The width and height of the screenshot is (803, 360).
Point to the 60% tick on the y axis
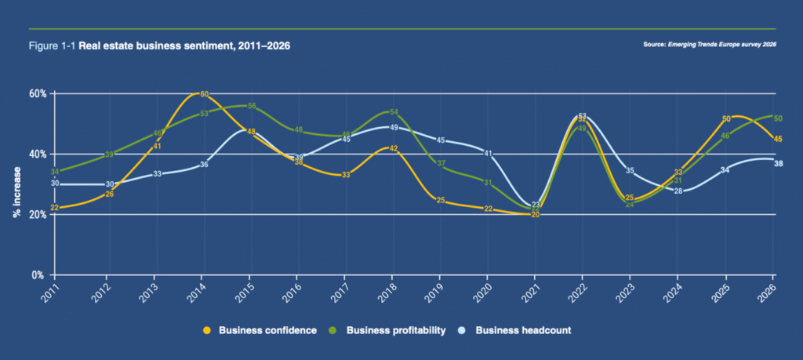(38, 93)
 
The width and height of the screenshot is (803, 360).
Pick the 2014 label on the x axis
(200, 294)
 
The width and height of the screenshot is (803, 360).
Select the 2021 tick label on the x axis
(531, 294)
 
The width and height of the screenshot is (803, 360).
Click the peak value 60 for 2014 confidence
(204, 94)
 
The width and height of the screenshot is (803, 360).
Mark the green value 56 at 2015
(252, 106)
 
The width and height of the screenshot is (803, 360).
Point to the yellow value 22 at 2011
(54, 208)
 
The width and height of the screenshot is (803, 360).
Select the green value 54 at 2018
(394, 112)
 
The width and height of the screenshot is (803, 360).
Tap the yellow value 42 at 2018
(394, 148)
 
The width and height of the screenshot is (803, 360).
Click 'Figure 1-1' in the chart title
(52, 46)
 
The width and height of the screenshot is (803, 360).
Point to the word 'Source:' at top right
(654, 45)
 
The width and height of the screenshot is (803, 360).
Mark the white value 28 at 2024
(678, 191)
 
